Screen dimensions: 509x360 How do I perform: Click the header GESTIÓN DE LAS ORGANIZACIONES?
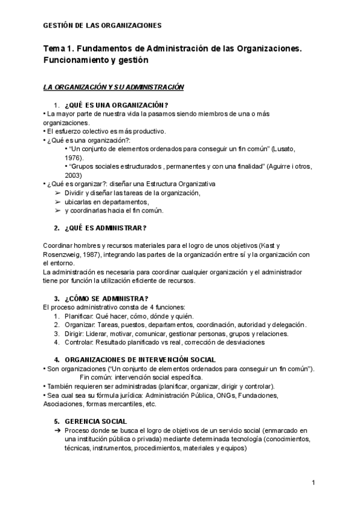[103, 26]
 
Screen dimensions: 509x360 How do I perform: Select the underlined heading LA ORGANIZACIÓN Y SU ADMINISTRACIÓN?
[113, 87]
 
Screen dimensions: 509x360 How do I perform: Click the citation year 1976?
[73, 157]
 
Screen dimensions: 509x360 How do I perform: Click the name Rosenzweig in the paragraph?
[65, 254]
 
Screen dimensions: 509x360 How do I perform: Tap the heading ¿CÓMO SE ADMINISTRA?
[106, 298]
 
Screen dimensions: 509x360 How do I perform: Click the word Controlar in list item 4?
[79, 342]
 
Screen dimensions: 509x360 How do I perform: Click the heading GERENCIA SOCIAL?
[95, 421]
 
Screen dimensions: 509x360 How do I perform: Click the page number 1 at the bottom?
[314, 483]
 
